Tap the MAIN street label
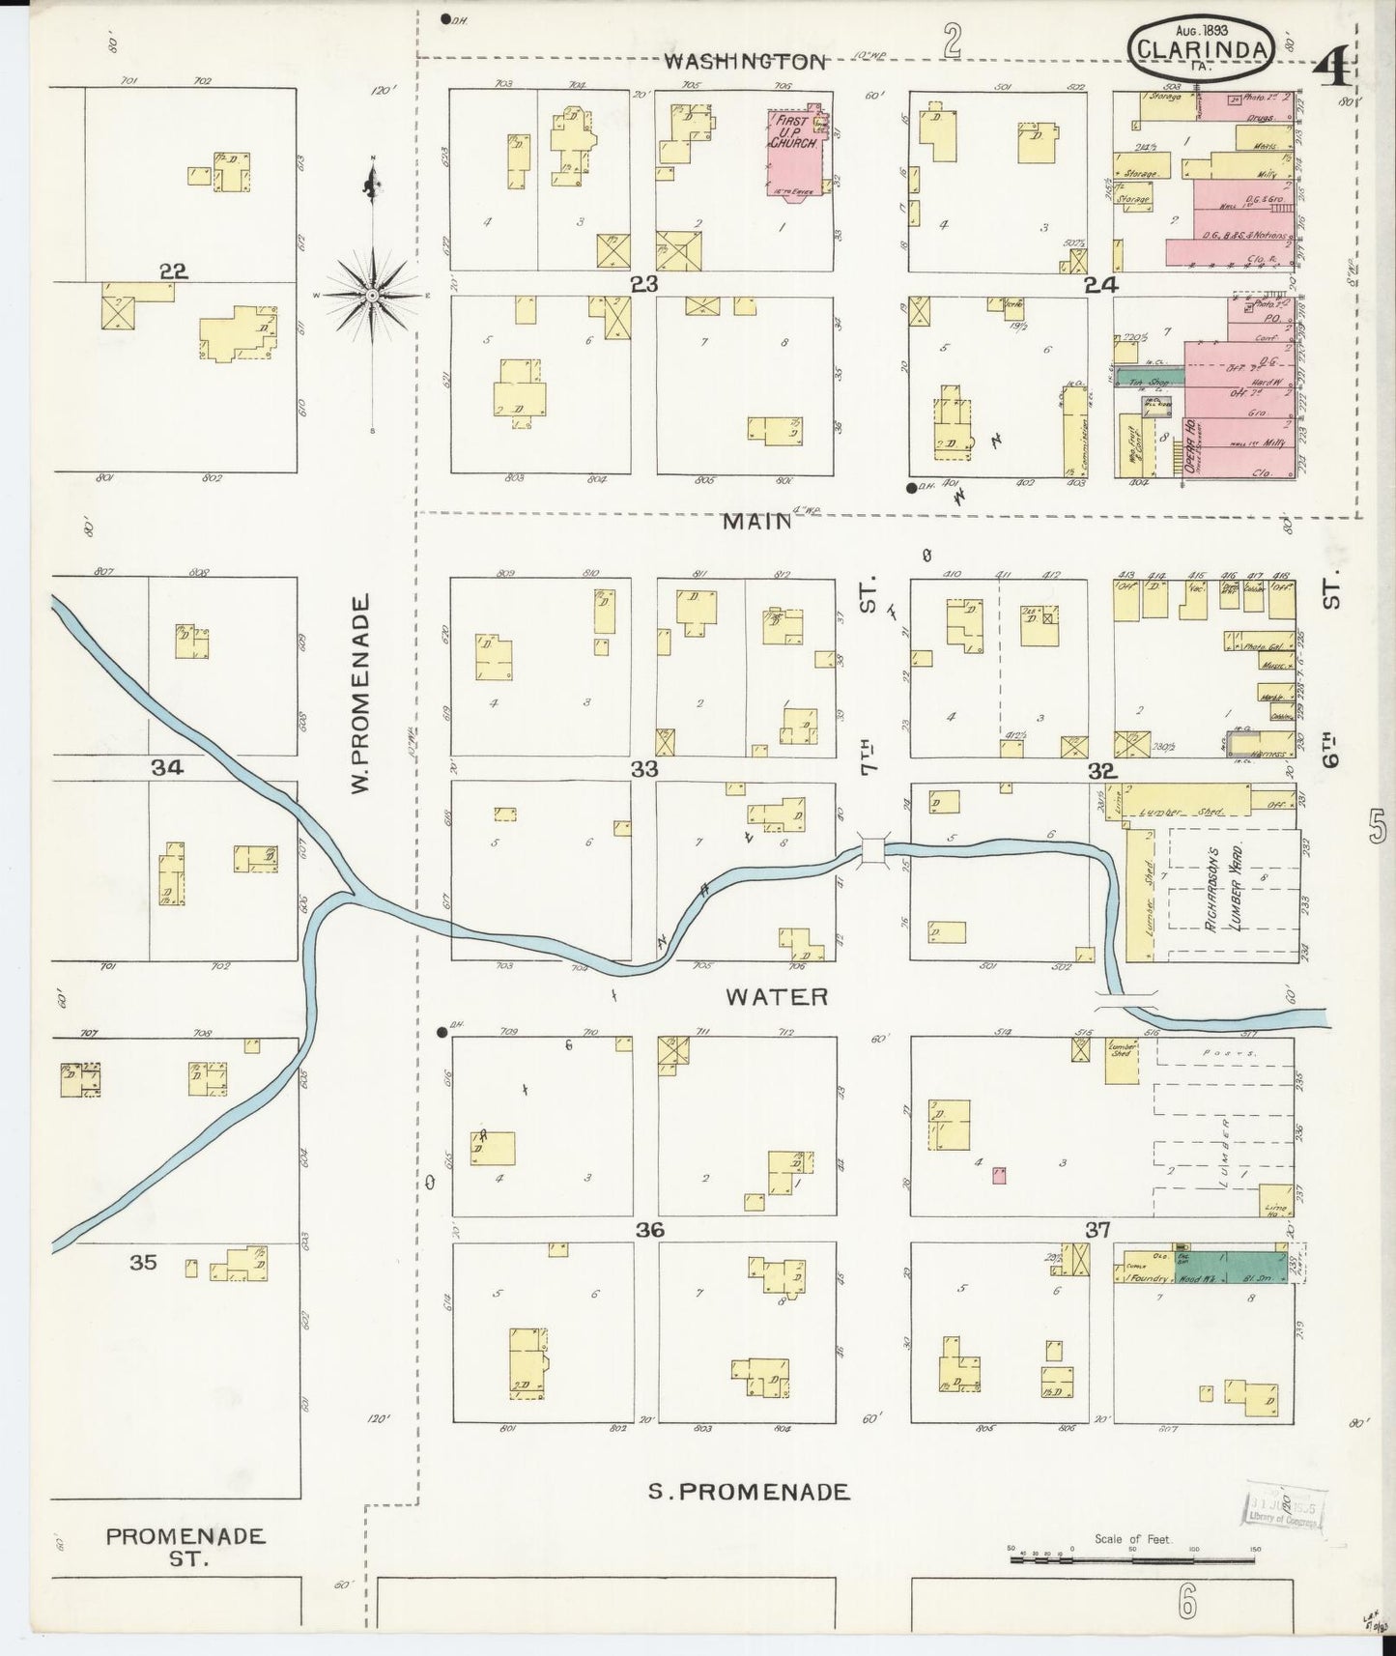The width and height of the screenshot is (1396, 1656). pos(756,522)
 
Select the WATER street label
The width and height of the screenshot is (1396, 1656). pos(777,996)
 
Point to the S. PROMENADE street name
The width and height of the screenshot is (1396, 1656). pos(749,1520)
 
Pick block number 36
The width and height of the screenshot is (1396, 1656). pos(649,1230)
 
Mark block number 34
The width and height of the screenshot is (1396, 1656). pos(166,767)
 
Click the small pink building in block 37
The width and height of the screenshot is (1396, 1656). pos(1000,1175)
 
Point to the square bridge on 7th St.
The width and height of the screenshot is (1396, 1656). pos(873,849)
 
